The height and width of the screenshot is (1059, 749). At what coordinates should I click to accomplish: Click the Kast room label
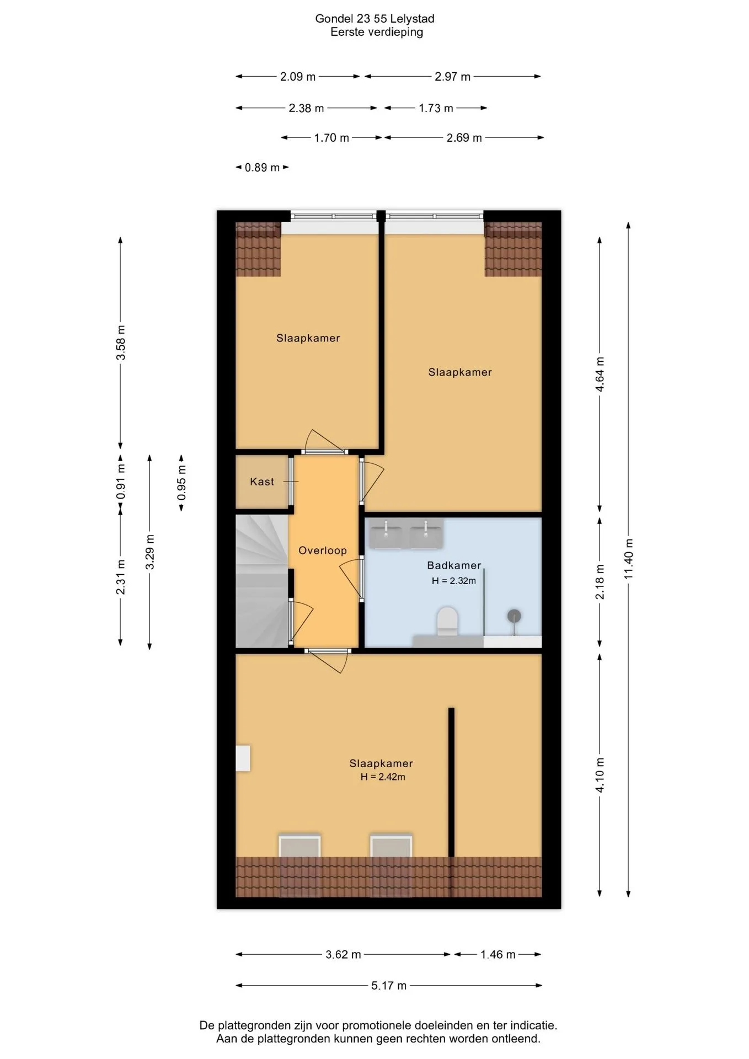click(261, 482)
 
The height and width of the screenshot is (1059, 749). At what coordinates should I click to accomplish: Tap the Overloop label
click(323, 550)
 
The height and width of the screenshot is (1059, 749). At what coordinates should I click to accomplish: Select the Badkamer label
click(454, 565)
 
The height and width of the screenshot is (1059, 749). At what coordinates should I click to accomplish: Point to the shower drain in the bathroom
click(515, 616)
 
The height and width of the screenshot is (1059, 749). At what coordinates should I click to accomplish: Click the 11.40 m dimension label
click(629, 558)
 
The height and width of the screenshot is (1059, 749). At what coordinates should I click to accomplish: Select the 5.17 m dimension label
click(389, 985)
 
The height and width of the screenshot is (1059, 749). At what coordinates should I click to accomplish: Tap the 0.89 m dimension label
click(262, 167)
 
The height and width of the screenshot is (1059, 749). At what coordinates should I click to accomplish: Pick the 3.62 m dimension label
click(343, 954)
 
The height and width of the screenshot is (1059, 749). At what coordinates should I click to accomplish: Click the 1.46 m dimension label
click(497, 954)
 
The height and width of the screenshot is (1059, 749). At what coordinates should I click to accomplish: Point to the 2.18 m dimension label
click(600, 581)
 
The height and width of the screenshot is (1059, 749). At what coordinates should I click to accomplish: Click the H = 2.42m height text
click(383, 777)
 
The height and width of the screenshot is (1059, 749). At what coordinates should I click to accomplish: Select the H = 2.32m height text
click(453, 580)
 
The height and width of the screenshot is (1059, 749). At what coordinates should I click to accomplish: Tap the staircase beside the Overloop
click(262, 581)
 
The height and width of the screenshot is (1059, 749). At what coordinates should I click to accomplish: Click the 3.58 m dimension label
click(121, 342)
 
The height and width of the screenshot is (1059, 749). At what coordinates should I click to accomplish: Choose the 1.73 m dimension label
click(436, 108)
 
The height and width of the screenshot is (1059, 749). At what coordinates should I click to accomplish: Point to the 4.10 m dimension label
click(600, 774)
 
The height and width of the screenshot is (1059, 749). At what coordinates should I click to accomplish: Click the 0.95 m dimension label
click(181, 483)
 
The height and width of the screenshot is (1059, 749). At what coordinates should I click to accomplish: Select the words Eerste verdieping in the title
click(377, 32)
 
